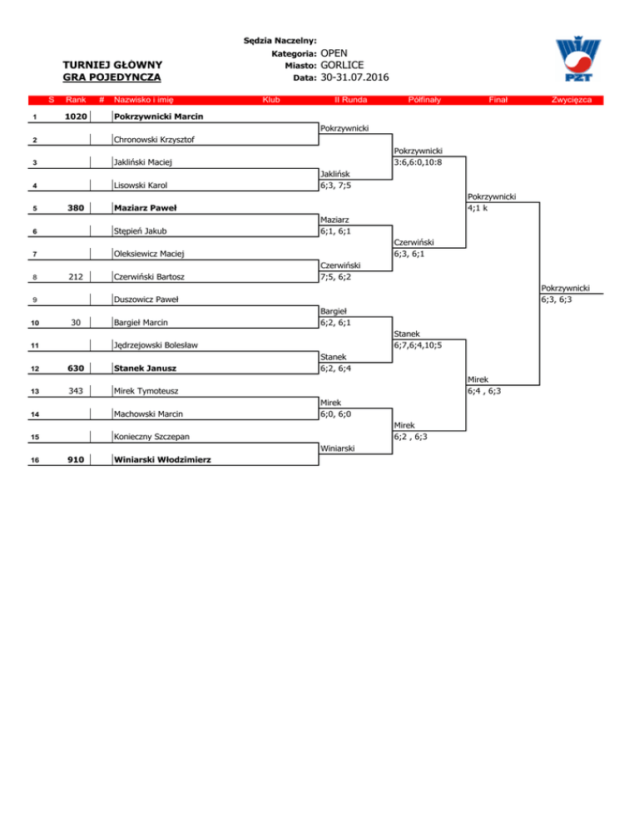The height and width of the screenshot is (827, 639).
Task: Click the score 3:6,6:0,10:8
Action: (x=418, y=161)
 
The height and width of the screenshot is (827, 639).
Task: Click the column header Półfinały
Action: (x=424, y=100)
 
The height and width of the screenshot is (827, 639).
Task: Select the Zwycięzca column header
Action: (x=570, y=100)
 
